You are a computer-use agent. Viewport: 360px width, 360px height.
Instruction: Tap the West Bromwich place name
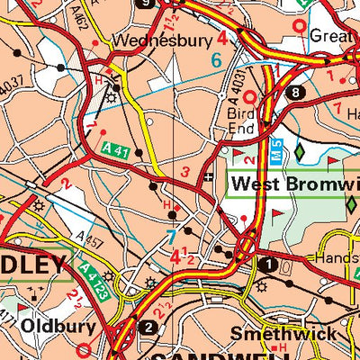(x=294, y=184)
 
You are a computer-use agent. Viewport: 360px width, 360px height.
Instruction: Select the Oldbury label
(x=52, y=325)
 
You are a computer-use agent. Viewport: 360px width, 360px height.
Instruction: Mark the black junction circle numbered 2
(x=148, y=326)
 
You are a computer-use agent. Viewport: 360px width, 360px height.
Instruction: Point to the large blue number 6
(x=215, y=60)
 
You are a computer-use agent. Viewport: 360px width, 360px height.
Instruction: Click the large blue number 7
(x=171, y=238)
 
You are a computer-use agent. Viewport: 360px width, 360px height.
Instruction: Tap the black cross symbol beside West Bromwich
(x=209, y=177)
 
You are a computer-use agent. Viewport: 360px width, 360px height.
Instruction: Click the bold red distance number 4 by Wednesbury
(x=220, y=38)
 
